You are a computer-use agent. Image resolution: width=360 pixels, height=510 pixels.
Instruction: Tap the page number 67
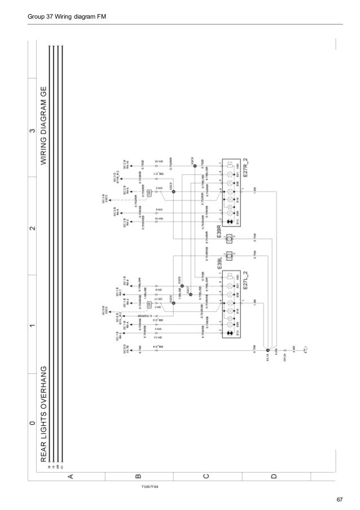point(339,499)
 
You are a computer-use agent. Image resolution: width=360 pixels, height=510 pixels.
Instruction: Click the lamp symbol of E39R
point(229,239)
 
